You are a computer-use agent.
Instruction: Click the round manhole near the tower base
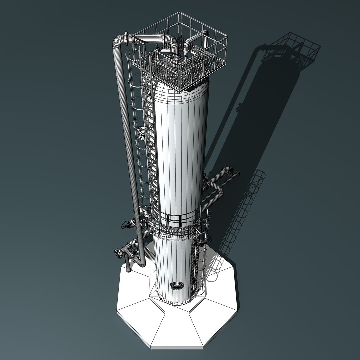tap(177, 285)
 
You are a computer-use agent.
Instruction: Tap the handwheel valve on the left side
tap(126, 225)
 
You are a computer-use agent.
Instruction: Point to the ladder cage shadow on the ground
tap(247, 207)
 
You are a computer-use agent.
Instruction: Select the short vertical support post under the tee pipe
tap(128, 265)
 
